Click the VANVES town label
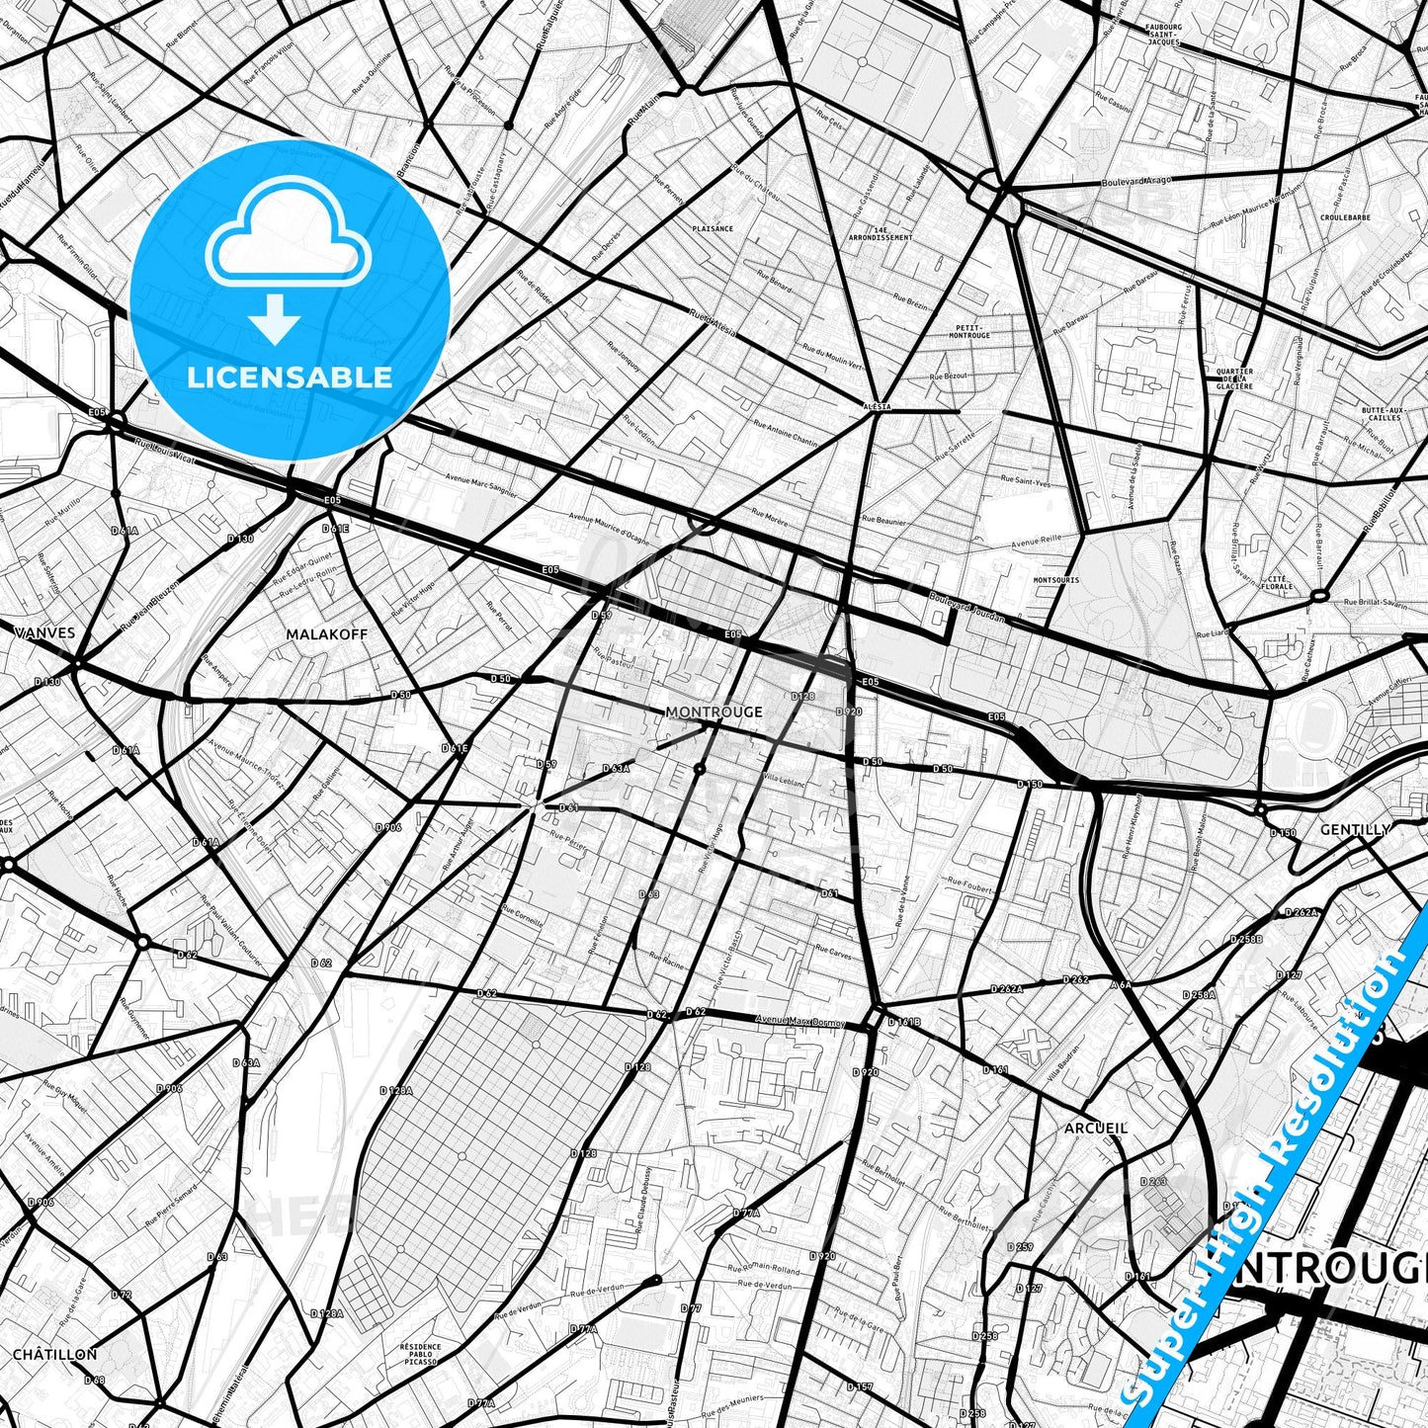tap(45, 632)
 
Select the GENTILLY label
tap(1356, 830)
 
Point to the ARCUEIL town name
tap(1096, 1128)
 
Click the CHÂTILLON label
tap(55, 1354)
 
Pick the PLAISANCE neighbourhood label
tap(713, 228)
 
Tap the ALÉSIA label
tap(877, 406)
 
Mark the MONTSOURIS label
tap(1055, 580)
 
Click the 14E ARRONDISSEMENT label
tap(881, 233)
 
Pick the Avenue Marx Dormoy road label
tap(800, 1020)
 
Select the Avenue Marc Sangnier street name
tap(480, 486)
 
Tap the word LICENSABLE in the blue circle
tap(290, 377)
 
